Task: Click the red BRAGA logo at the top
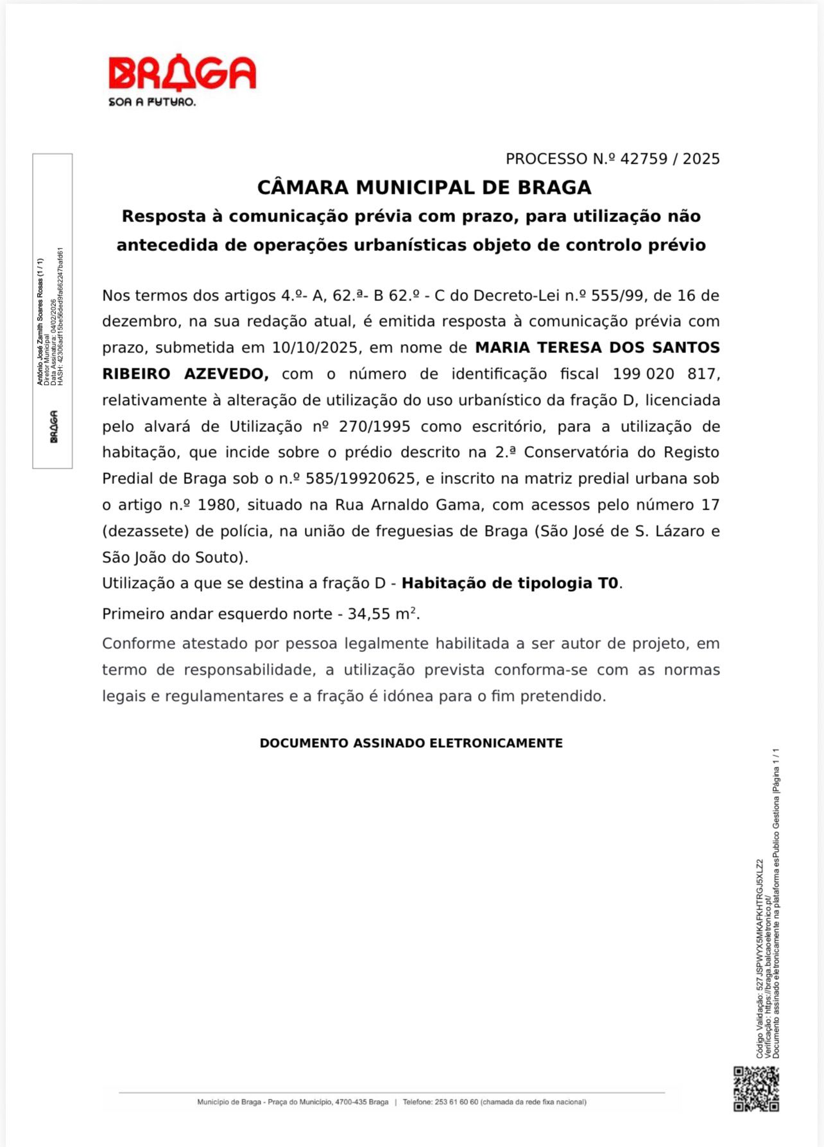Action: coord(182,73)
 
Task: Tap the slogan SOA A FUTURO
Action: coord(152,102)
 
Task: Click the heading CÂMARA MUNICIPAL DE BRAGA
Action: coord(424,187)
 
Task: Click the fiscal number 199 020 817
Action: coord(665,374)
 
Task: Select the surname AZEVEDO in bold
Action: coord(226,374)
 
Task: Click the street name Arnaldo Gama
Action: coord(408,505)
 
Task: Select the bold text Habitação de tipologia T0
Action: coord(510,583)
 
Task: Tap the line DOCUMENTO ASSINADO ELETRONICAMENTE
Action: coord(411,743)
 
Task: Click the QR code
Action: coord(756,1089)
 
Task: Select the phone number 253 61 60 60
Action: coord(456,1102)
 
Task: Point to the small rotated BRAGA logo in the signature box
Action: coord(54,426)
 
